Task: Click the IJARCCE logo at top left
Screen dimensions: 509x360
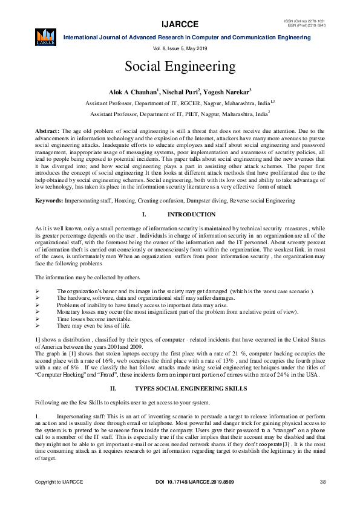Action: pos(46,36)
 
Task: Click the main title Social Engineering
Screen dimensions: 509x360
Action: pos(180,66)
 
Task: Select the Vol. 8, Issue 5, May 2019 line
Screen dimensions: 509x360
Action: pos(180,48)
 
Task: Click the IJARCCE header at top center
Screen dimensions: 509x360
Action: pos(180,25)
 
